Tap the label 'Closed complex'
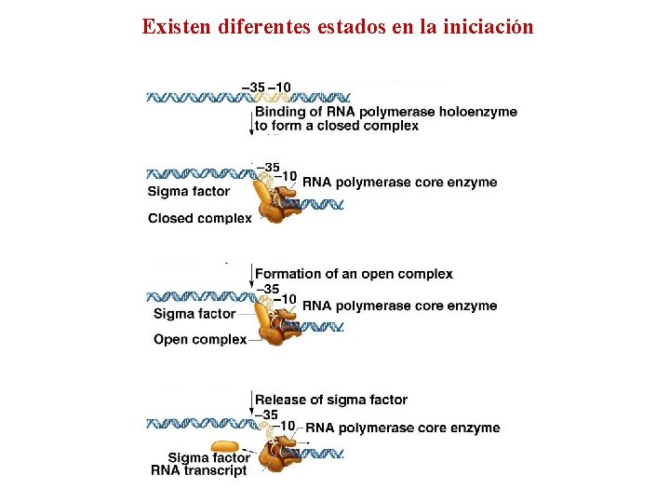[199, 219]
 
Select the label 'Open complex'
[200, 339]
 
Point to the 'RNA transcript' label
[199, 470]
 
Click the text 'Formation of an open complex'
[354, 274]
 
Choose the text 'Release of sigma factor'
[331, 400]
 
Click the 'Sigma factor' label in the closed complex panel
[189, 192]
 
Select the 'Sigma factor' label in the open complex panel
[194, 314]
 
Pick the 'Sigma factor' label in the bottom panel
[208, 457]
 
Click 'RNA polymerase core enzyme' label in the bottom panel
[403, 428]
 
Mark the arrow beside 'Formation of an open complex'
[251, 276]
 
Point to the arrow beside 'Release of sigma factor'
[251, 402]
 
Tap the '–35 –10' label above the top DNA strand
[266, 88]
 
